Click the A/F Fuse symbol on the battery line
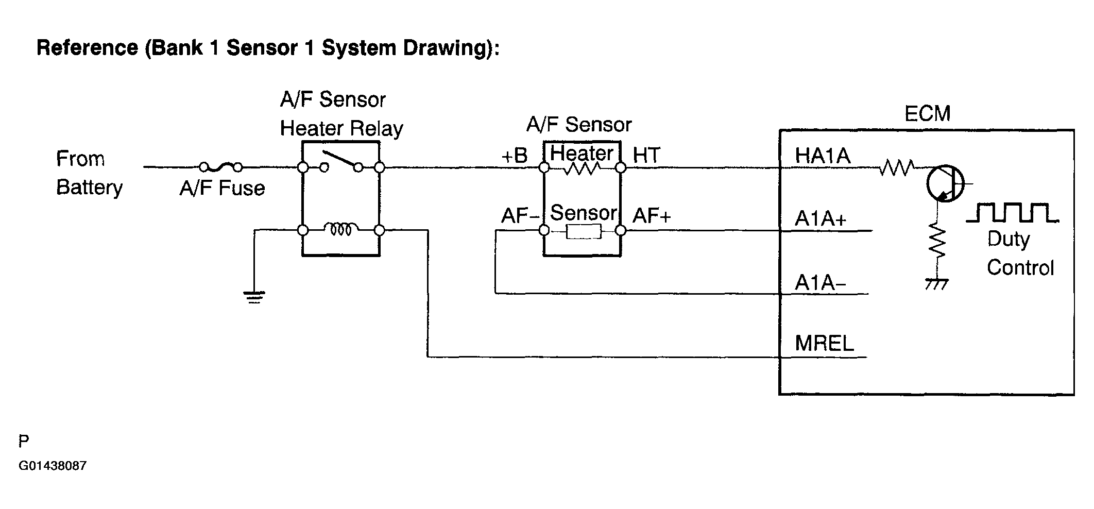coord(220,166)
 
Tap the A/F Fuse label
coord(222,189)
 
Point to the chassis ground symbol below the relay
coord(254,297)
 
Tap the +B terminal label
coord(515,156)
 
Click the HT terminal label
coord(646,156)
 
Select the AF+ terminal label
coord(652,216)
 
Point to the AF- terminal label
coord(520,216)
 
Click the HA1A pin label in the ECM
coord(822,156)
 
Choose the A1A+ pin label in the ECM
coord(821,219)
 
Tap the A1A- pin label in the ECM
coord(820,283)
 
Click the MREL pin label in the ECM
coord(824,343)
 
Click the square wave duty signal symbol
coord(1012,213)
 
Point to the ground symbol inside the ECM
coord(936,284)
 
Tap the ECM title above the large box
coord(927,114)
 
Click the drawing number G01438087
coord(53,466)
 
